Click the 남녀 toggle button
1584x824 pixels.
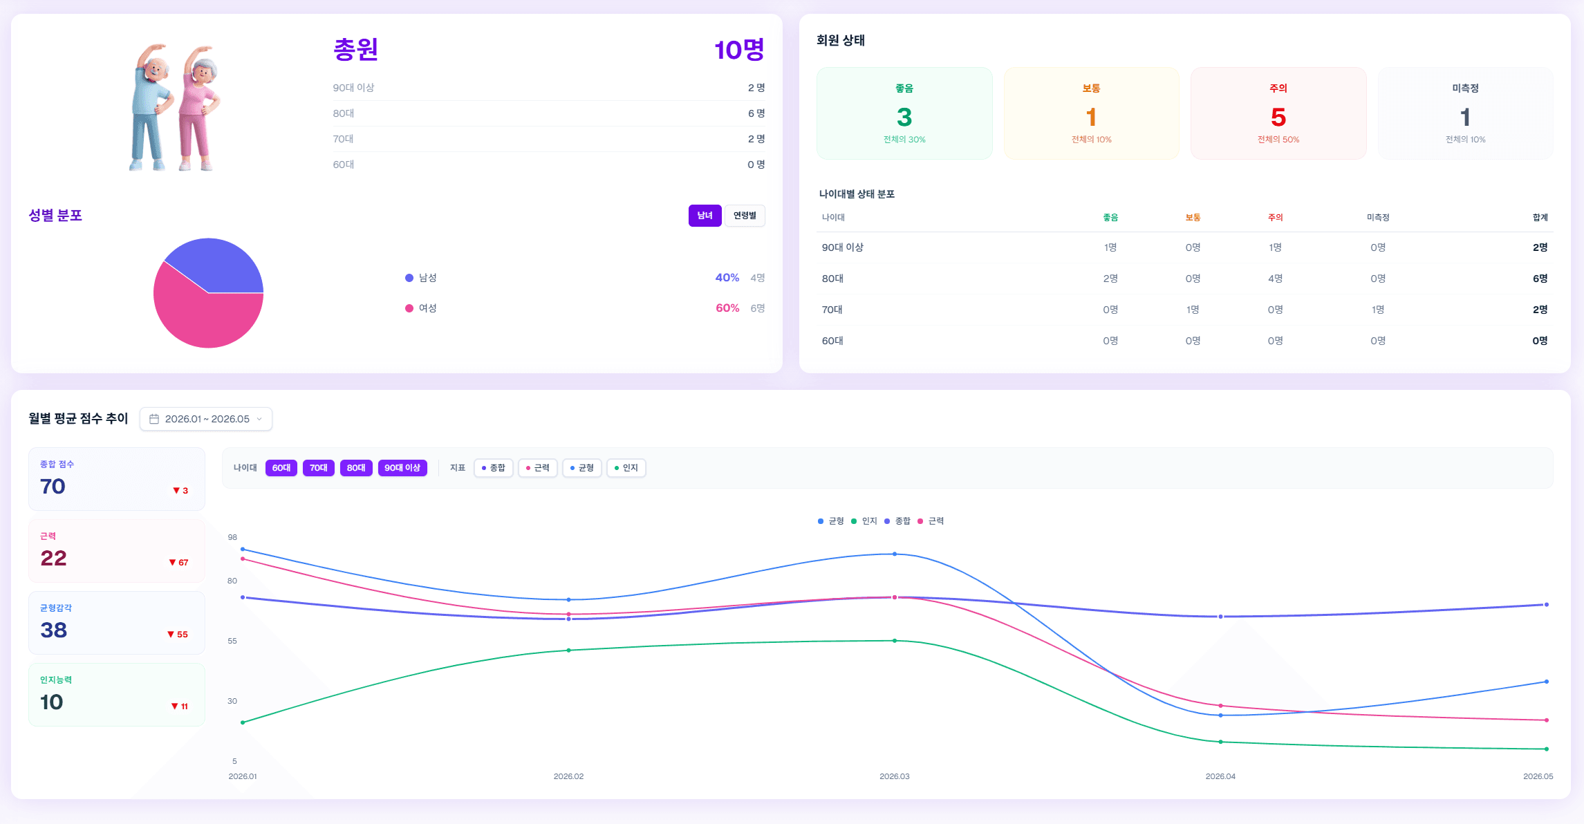[x=705, y=216]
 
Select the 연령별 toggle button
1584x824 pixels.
[x=745, y=216]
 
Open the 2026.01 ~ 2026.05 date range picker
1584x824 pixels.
[x=206, y=419]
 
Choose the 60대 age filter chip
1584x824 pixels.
[x=281, y=468]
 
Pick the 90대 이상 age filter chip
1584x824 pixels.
[x=402, y=468]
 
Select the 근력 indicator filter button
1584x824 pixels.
[x=538, y=468]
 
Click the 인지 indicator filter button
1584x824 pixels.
[x=626, y=468]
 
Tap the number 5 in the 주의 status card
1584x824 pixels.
[x=1278, y=117]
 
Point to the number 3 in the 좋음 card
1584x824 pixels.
[x=904, y=117]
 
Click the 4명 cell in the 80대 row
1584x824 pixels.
[x=1276, y=279]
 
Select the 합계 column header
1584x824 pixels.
[x=1540, y=218]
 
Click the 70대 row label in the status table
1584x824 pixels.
[x=832, y=310]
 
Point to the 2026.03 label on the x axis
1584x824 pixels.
[x=895, y=776]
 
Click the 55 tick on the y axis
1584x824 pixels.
[x=232, y=641]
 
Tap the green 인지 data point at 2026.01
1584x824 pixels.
[x=243, y=722]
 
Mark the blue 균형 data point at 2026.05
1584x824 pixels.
[x=1547, y=682]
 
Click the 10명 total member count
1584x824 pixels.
[x=739, y=50]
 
